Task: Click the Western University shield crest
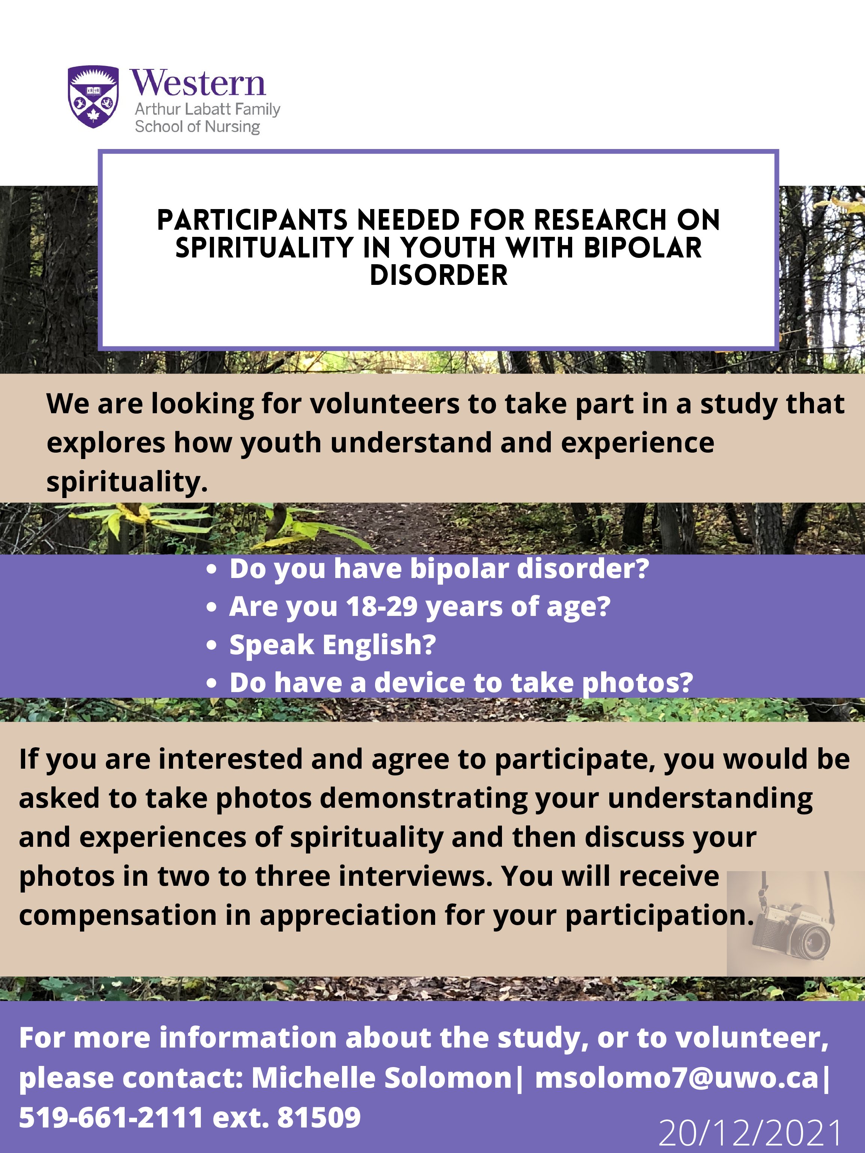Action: [93, 96]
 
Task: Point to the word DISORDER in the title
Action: [439, 275]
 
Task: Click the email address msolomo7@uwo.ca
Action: [677, 1078]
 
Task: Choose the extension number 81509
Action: [319, 1118]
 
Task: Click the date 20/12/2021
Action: [750, 1133]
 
